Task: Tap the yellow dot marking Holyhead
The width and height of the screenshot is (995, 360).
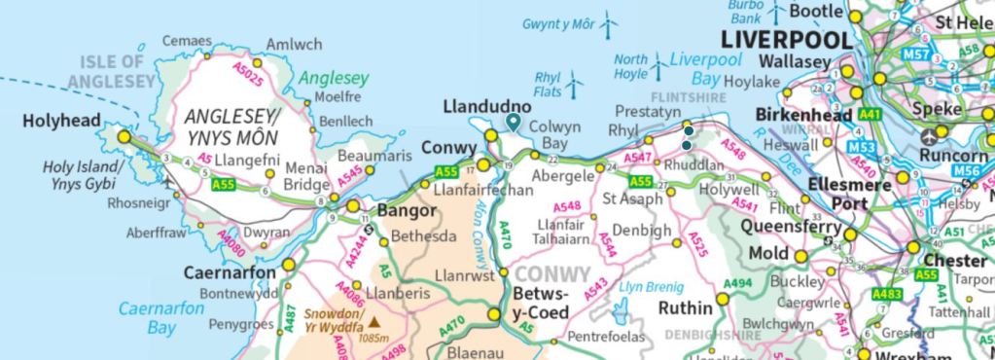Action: click(124, 138)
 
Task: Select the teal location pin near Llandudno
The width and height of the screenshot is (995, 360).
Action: click(513, 122)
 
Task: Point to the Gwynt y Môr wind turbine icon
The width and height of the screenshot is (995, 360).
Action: click(610, 23)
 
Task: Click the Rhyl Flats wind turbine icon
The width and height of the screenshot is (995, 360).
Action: click(575, 83)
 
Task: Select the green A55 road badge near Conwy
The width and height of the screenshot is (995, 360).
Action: click(446, 172)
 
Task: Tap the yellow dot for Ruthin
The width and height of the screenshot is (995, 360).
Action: click(723, 297)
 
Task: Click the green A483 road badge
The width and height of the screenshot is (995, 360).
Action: click(886, 294)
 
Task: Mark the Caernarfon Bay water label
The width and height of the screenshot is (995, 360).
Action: click(161, 318)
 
